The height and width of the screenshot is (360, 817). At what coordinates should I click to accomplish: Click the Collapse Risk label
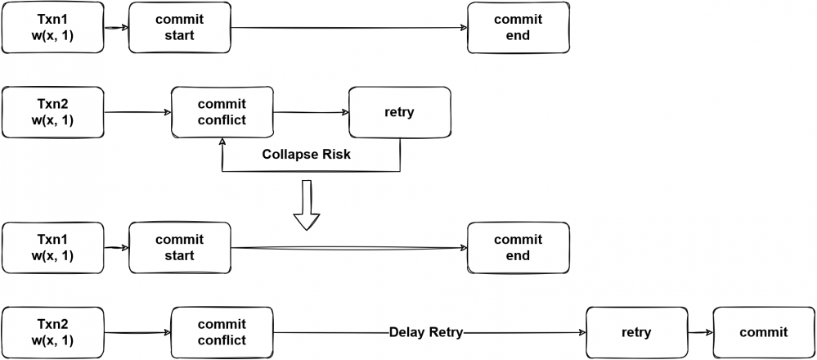click(x=306, y=154)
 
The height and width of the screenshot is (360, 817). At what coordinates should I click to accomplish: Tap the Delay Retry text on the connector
click(x=426, y=332)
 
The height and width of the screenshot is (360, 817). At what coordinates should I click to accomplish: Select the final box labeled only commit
click(x=762, y=332)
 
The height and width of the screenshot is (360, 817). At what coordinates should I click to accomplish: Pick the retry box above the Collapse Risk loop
click(x=398, y=112)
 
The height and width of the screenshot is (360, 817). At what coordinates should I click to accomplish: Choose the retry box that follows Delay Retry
click(x=635, y=332)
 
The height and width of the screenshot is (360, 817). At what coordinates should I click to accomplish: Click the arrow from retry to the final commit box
click(x=698, y=332)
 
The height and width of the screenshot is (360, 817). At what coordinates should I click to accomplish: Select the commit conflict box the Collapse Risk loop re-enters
click(x=222, y=112)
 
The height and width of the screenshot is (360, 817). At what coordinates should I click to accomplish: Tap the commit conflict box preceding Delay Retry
click(x=222, y=332)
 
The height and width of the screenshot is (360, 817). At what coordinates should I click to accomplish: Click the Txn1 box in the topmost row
click(x=53, y=27)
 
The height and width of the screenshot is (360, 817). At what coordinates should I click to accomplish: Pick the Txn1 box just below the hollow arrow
click(x=53, y=247)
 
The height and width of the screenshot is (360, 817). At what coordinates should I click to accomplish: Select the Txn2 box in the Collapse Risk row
click(x=53, y=112)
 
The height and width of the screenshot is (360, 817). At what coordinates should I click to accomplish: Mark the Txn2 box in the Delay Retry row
click(x=53, y=332)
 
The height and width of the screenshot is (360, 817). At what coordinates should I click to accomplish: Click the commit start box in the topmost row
click(x=179, y=27)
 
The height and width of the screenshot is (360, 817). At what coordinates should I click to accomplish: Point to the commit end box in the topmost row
click(x=517, y=27)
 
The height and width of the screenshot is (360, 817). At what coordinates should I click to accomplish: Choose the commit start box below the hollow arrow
click(x=179, y=247)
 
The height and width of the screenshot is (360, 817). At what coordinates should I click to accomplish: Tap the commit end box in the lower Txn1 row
click(x=517, y=247)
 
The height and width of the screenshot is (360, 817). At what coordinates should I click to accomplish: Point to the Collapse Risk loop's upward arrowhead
click(x=222, y=141)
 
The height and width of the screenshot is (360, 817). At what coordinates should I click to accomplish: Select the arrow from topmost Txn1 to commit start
click(x=116, y=27)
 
